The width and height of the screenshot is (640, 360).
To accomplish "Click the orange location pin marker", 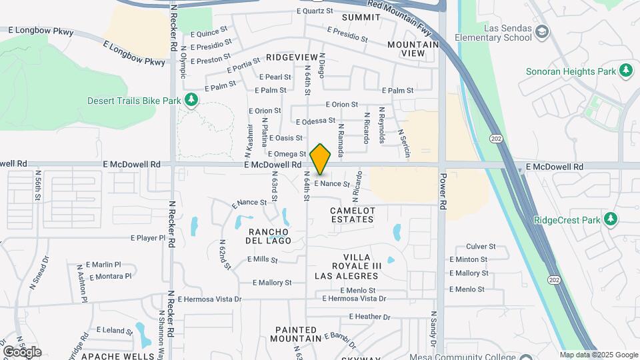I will click(321, 159).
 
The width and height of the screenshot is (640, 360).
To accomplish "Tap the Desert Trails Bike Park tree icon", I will click(191, 100).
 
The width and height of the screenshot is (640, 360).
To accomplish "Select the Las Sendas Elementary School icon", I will click(542, 31).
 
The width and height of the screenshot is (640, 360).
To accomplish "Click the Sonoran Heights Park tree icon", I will click(625, 70).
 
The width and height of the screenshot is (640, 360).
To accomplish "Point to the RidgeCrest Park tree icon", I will click(610, 219).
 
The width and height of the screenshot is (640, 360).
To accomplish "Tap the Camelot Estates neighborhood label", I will click(353, 215).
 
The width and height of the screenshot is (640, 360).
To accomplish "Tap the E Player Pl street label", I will click(147, 237).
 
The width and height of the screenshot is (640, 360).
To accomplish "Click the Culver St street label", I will click(481, 246).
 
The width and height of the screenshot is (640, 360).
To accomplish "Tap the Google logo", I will click(22, 351).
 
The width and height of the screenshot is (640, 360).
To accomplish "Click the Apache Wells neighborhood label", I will click(117, 356).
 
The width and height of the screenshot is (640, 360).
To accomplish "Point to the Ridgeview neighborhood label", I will click(289, 58).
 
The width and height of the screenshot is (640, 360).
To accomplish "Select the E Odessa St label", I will click(315, 121).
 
